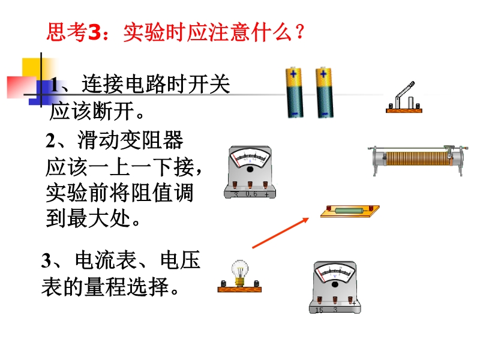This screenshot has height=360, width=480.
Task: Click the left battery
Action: click(x=295, y=92)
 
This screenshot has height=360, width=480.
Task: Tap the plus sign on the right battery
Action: click(x=323, y=74)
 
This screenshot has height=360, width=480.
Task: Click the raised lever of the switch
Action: click(x=404, y=91)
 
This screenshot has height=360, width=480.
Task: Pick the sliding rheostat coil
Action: click(x=416, y=158)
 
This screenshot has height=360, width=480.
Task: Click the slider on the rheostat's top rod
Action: click(x=449, y=152)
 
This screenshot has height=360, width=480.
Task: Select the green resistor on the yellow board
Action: click(x=349, y=211)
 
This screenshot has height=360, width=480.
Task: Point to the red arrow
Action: click(x=280, y=233)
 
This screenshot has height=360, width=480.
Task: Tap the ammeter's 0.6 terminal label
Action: click(x=251, y=194)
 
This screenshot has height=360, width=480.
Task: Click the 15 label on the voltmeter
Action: click(x=319, y=310)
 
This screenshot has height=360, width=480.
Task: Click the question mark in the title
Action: click(x=299, y=32)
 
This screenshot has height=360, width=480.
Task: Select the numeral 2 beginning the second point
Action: click(x=50, y=141)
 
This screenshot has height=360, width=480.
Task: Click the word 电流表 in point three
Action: click(x=106, y=260)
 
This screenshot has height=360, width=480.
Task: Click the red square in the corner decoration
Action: click(x=21, y=87)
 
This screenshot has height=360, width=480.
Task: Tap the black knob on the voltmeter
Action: click(x=335, y=284)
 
